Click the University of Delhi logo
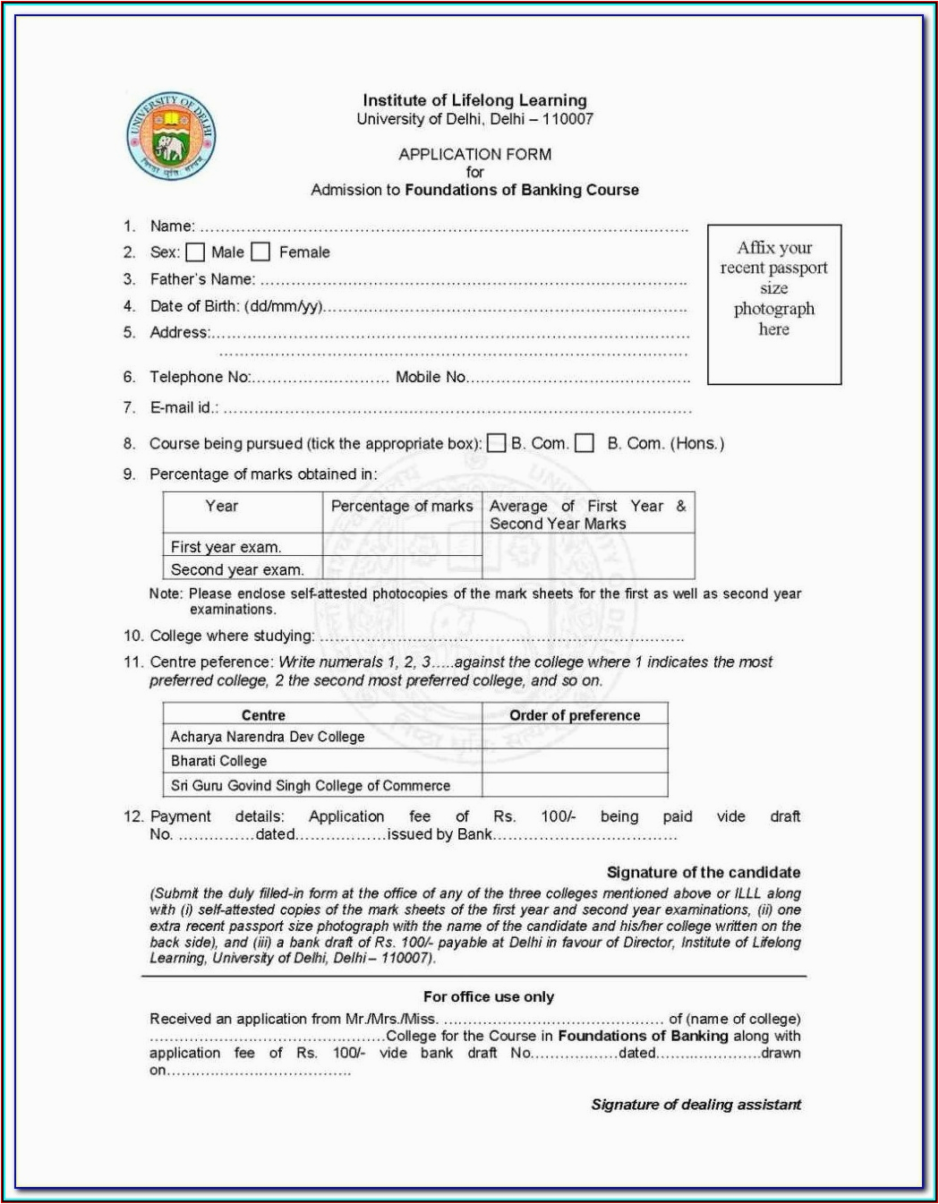point(171,136)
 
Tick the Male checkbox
point(195,252)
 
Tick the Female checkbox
point(260,252)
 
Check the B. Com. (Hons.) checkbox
point(585,443)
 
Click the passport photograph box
point(774,304)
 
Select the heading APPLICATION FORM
point(474,154)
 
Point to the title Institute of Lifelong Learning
point(474,100)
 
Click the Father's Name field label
point(202,279)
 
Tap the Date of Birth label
point(236,306)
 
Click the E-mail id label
point(184,407)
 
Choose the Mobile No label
point(431,377)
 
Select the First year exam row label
point(226,547)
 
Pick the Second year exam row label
point(237,569)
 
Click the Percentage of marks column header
point(402,507)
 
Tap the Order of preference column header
point(575,715)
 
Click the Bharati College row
point(219,761)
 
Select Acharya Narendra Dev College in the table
point(268,737)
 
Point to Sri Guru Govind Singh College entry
point(311,786)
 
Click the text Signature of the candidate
point(704,872)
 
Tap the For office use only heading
point(489,996)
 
